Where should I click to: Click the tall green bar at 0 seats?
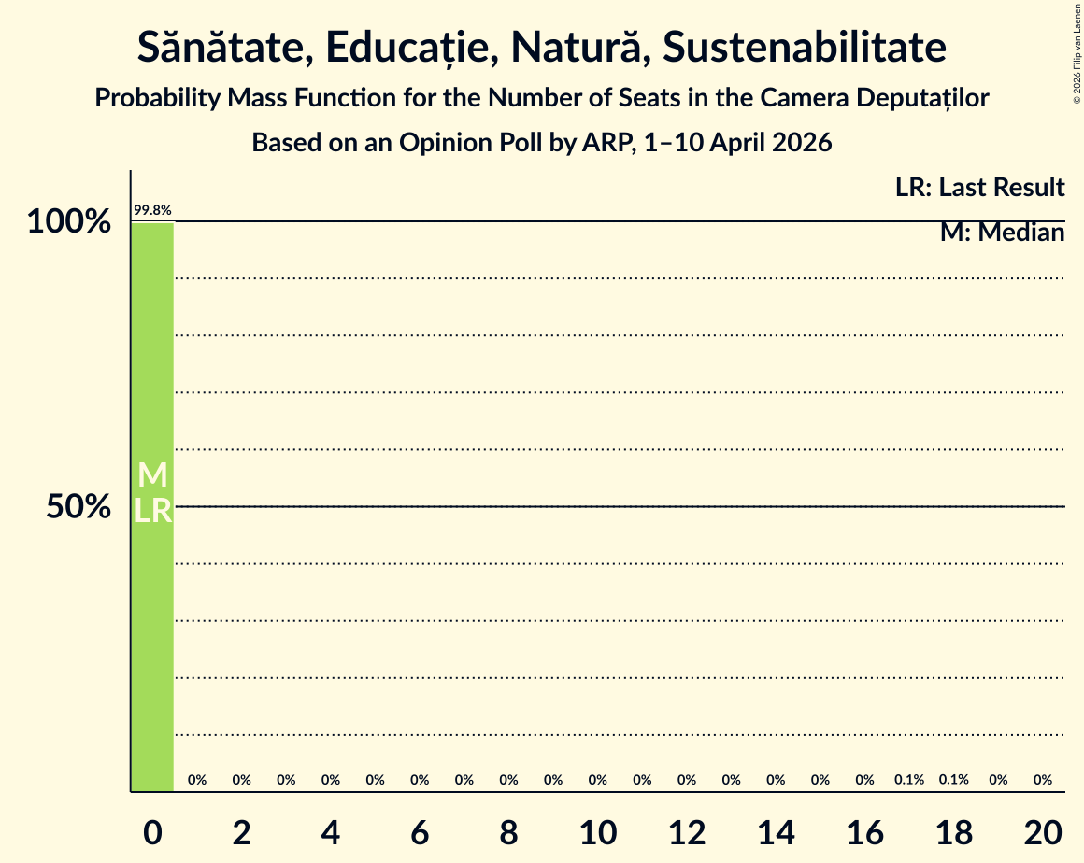(152, 506)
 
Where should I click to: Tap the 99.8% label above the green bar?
(152, 210)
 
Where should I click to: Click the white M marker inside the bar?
(152, 475)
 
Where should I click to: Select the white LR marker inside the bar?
(152, 511)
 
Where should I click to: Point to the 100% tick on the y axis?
(69, 221)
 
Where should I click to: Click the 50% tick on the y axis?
(78, 507)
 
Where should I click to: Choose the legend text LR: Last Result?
(979, 187)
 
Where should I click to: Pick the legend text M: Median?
(1003, 233)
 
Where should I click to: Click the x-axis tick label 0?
(152, 833)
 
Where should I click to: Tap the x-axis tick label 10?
(598, 833)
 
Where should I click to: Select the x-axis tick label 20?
(1043, 833)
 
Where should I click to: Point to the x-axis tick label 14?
(776, 833)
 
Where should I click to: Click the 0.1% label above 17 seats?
(909, 779)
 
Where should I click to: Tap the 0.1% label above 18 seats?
(954, 779)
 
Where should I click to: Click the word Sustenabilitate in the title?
(805, 47)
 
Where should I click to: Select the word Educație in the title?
(407, 49)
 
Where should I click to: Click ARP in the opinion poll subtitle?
(606, 142)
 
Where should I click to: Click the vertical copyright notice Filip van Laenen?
(1077, 54)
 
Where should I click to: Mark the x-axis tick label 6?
(420, 833)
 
